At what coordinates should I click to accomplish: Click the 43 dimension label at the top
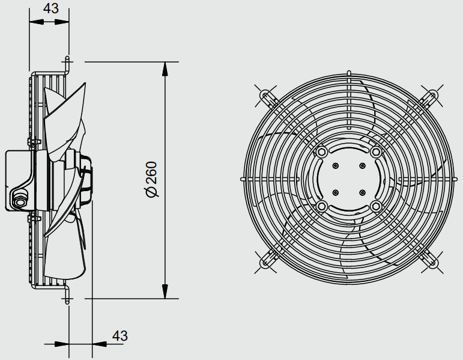[51, 8]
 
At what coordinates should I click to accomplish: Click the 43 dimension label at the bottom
[120, 336]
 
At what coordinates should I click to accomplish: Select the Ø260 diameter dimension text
[151, 180]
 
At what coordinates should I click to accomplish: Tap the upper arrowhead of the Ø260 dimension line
[165, 70]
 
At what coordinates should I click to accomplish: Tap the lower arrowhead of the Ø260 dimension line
[165, 291]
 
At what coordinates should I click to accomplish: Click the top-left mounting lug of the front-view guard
[266, 96]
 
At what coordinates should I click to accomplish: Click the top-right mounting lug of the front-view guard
[431, 96]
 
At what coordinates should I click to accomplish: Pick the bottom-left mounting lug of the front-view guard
[266, 262]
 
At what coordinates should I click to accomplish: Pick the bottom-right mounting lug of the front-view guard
[431, 262]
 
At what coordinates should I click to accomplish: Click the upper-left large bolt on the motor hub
[321, 152]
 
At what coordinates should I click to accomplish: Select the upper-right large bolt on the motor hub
[376, 152]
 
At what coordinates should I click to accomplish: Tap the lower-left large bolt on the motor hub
[321, 206]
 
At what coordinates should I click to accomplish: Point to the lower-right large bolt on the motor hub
[376, 206]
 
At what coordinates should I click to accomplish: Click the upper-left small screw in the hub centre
[335, 165]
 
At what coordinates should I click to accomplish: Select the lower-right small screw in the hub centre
[362, 193]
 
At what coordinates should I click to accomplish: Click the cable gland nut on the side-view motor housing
[19, 199]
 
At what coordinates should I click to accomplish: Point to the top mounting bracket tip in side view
[67, 58]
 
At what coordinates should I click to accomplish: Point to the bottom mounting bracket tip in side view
[67, 302]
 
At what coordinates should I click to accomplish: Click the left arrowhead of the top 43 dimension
[37, 22]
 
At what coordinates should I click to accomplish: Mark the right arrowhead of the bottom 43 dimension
[99, 344]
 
